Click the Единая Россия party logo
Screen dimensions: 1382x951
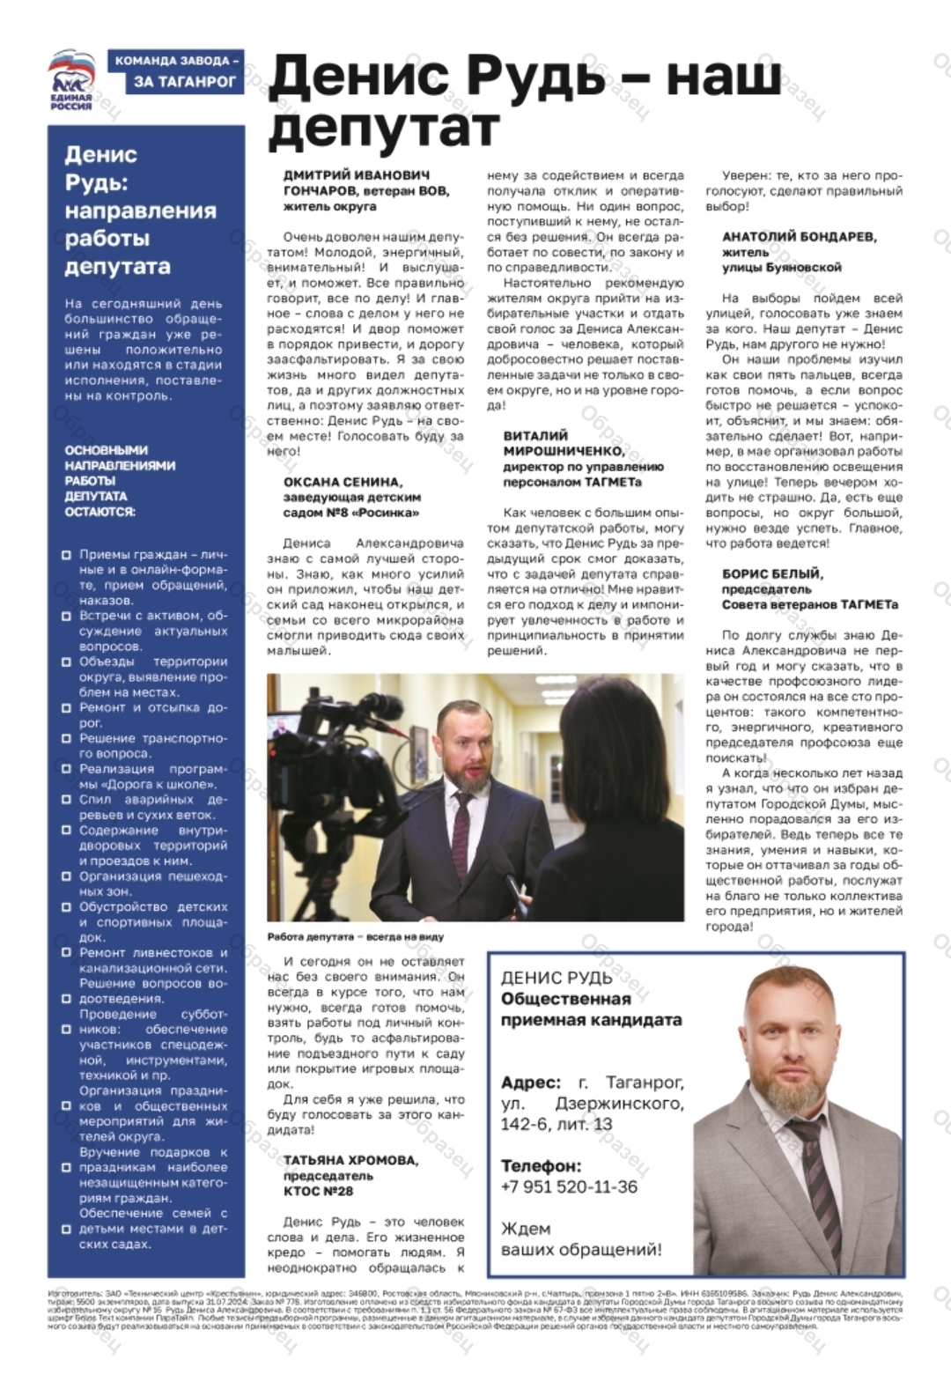(71, 80)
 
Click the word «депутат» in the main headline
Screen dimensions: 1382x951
(383, 129)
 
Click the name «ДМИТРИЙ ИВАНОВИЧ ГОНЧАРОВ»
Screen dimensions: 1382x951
(358, 182)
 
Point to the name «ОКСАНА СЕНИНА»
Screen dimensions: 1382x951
(343, 482)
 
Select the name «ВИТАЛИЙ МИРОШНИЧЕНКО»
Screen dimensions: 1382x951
(564, 443)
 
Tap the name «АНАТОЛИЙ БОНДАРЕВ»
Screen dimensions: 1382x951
(800, 236)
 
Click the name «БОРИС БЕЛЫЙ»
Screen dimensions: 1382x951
(772, 573)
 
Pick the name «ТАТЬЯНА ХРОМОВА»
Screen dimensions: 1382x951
(350, 1160)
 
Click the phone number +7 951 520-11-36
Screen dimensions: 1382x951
(569, 1186)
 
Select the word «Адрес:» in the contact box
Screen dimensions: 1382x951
(530, 1083)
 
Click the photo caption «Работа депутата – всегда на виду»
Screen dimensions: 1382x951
(356, 936)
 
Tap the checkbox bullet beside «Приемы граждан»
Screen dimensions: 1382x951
(66, 555)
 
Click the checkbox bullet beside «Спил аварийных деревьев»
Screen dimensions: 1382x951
(66, 800)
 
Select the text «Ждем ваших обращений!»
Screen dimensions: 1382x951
(581, 1238)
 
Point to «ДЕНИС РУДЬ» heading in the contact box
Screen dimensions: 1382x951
(557, 977)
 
